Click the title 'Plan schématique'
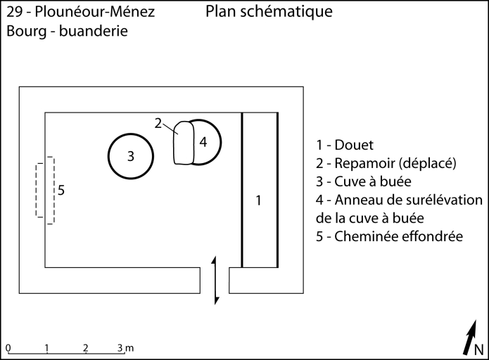(269, 12)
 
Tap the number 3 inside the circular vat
(131, 156)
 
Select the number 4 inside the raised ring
(203, 141)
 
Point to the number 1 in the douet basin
(258, 200)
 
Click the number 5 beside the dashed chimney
(61, 190)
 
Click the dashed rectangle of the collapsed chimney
(46, 190)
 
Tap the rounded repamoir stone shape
(184, 143)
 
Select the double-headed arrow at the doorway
(217, 281)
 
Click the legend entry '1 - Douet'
(345, 145)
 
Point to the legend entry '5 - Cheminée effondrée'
(389, 236)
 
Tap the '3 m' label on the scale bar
(125, 347)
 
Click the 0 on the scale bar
(8, 347)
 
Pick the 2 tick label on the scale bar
(85, 347)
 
